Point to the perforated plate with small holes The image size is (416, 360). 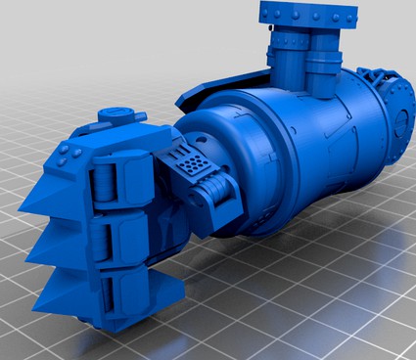[194, 162]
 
